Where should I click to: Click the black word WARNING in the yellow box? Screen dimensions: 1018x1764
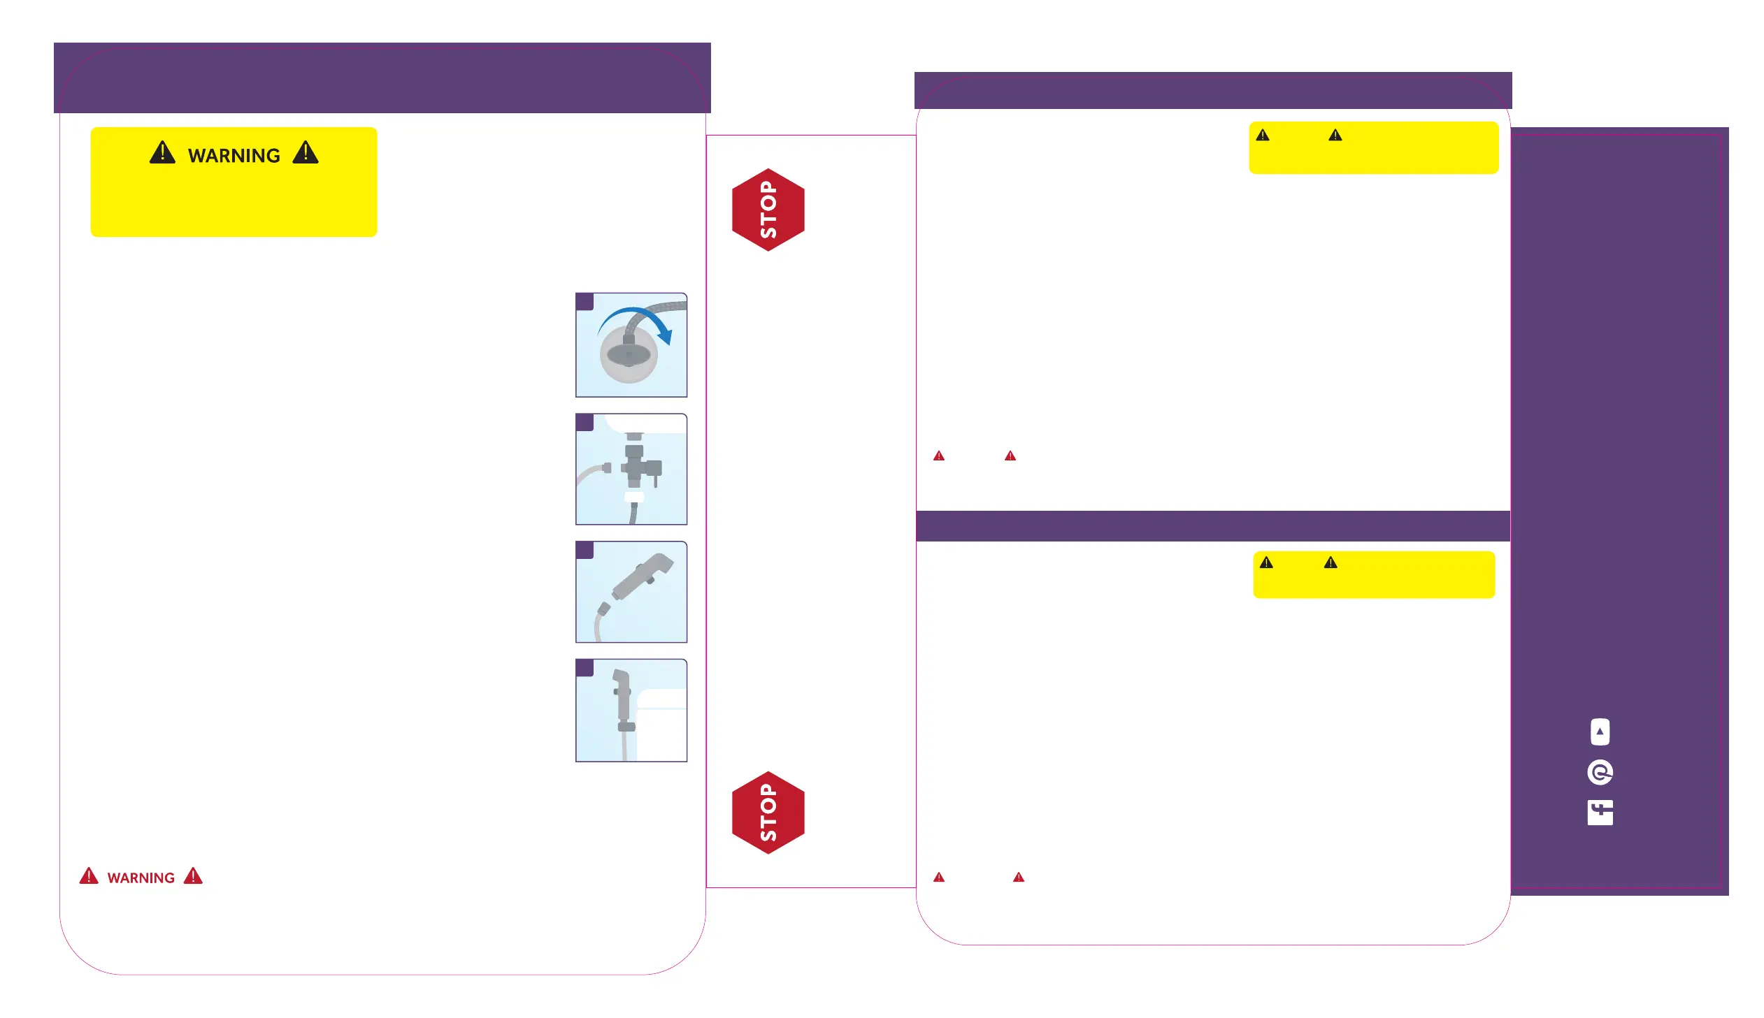pyautogui.click(x=234, y=155)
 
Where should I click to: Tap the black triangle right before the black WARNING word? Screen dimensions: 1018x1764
pyautogui.click(x=162, y=152)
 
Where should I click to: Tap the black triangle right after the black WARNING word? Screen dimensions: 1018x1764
pyautogui.click(x=305, y=152)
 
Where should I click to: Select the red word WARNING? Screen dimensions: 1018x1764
pyautogui.click(x=141, y=878)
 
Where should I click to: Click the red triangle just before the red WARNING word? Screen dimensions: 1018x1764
pyautogui.click(x=89, y=876)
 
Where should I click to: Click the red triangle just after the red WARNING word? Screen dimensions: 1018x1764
pyautogui.click(x=193, y=876)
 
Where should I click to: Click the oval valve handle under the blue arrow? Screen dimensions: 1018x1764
pyautogui.click(x=628, y=355)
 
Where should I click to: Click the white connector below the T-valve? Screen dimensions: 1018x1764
pyautogui.click(x=633, y=497)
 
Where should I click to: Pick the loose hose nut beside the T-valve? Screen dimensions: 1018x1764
pyautogui.click(x=606, y=467)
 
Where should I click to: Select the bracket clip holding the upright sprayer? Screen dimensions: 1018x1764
pyautogui.click(x=626, y=727)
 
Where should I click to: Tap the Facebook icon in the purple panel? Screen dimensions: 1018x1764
pyautogui.click(x=1600, y=813)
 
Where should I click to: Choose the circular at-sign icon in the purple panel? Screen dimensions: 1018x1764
pyautogui.click(x=1600, y=773)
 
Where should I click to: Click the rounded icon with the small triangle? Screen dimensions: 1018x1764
pyautogui.click(x=1600, y=732)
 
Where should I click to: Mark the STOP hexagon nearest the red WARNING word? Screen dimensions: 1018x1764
pyautogui.click(x=768, y=813)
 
